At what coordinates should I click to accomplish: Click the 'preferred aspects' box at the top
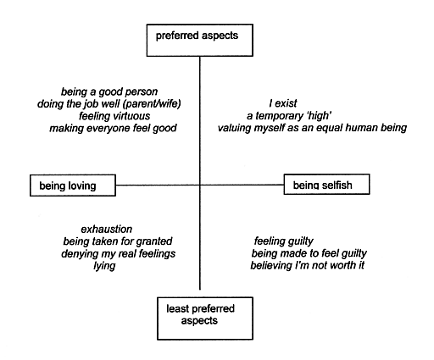(199, 40)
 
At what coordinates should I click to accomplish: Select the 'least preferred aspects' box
(205, 318)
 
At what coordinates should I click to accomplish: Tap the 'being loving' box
(73, 186)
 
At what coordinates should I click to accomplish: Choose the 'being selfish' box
(326, 185)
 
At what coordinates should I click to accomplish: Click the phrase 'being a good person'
(109, 91)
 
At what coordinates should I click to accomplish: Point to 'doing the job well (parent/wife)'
(109, 104)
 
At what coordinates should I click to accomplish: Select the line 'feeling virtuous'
(114, 116)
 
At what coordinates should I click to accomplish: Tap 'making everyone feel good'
(113, 128)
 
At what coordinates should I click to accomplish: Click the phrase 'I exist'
(283, 103)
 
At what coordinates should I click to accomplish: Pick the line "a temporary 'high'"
(289, 116)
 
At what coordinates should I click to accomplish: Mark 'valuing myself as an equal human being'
(312, 128)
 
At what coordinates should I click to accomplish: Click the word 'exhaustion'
(107, 229)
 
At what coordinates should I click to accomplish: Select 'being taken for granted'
(118, 241)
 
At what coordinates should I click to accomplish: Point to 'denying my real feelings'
(118, 253)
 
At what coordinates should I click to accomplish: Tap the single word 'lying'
(104, 266)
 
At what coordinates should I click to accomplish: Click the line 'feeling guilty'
(284, 241)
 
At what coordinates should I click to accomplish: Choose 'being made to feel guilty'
(309, 253)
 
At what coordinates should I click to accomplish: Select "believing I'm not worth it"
(308, 265)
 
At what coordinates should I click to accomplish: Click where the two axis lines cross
(200, 186)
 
